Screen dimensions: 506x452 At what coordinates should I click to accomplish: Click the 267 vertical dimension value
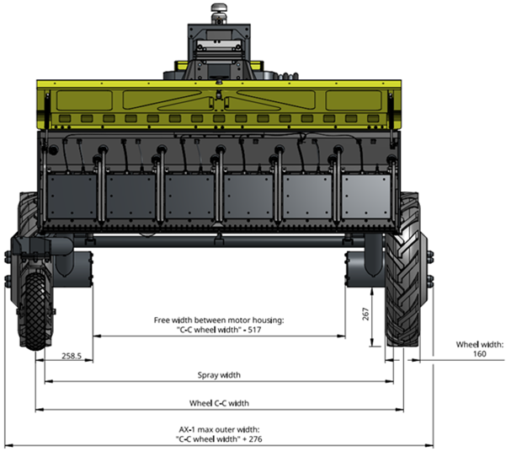coord(365,314)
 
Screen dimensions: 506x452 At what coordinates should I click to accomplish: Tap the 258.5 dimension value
coord(72,356)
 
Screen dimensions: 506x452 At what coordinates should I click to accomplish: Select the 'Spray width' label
coord(219,375)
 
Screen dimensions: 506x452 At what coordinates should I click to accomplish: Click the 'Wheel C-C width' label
coord(219,403)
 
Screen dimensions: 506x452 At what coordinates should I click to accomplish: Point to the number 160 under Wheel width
coord(480,353)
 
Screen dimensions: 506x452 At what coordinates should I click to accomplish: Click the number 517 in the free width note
coord(254,330)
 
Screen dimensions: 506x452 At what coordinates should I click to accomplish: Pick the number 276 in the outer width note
coord(255,439)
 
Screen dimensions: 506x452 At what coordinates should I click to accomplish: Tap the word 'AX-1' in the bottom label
coord(187,430)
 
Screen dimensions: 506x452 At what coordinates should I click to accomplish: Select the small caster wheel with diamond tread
coord(36,312)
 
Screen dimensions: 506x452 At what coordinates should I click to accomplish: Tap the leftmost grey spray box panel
coord(72,196)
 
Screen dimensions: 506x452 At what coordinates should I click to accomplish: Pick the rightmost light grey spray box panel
coord(366,196)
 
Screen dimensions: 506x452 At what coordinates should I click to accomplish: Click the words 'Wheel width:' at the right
coord(480,344)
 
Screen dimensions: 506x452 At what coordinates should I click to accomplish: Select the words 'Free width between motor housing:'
coord(219,320)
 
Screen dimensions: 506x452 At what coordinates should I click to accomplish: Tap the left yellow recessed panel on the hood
coord(84,100)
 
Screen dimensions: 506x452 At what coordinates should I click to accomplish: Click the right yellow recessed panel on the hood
coord(354,100)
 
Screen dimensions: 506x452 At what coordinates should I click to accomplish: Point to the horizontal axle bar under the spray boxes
coord(220,241)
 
